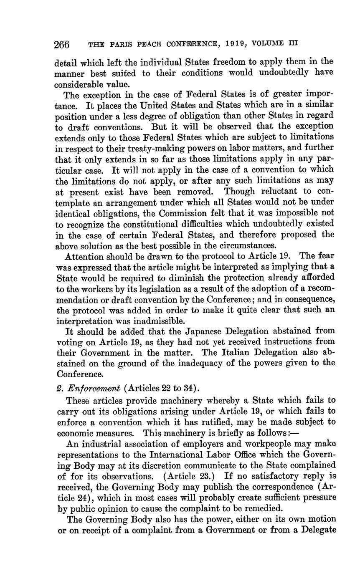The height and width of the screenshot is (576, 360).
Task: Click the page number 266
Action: [62, 44]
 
